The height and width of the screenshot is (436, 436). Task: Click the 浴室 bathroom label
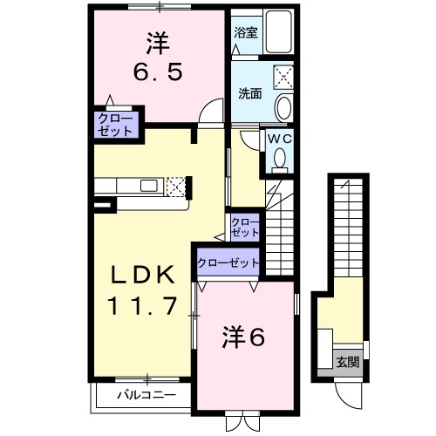tap(246, 33)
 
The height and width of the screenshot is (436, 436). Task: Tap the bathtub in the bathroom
tap(278, 33)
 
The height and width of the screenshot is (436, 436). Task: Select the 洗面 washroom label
tap(250, 94)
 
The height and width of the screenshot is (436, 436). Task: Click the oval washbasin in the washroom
tap(283, 108)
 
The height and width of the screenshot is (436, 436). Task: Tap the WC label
tap(279, 138)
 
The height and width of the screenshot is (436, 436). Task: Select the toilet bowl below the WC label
tap(279, 158)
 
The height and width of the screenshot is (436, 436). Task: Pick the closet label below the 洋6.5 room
tap(115, 125)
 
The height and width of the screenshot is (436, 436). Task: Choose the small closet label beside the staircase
tap(244, 228)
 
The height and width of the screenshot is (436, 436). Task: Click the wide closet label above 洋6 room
tap(228, 262)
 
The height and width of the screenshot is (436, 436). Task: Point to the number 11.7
tap(145, 305)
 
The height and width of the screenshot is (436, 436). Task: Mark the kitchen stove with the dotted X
tap(176, 185)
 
